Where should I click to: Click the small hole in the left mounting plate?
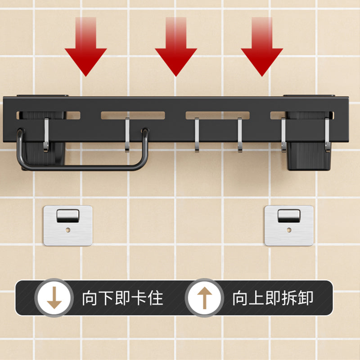[68, 230]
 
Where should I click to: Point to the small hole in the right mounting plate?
[289, 230]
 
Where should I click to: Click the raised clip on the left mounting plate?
[68, 216]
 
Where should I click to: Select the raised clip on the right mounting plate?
[289, 216]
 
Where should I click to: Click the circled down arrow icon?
[54, 298]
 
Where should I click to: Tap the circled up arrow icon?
[204, 298]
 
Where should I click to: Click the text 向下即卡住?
[123, 298]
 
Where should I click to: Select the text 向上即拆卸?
[273, 298]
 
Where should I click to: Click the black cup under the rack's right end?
[309, 156]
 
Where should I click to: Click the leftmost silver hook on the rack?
[46, 135]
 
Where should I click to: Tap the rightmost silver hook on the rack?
[328, 135]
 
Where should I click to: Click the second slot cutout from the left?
[133, 116]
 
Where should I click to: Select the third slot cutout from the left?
[218, 116]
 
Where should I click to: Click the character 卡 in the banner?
[139, 298]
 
